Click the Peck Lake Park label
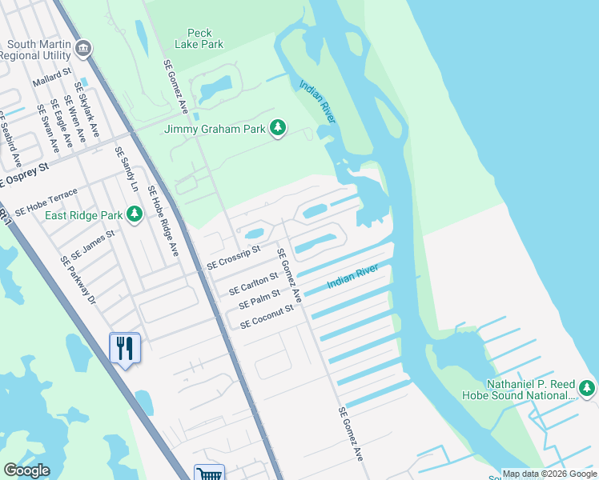tap(200, 38)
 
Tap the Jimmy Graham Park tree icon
tap(278, 128)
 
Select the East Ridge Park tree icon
tap(135, 214)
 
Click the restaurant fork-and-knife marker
tap(125, 348)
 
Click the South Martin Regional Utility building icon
tap(82, 50)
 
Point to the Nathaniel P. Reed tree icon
tap(587, 388)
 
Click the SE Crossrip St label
tap(234, 258)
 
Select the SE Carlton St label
tap(253, 282)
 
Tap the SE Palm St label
tap(260, 300)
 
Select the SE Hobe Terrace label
tap(46, 202)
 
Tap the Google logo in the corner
tap(26, 470)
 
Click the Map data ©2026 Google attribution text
tap(549, 474)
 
